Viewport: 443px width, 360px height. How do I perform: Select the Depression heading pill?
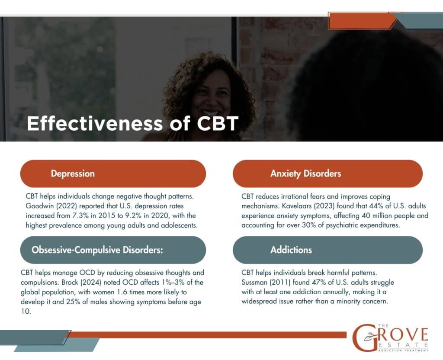click(x=113, y=174)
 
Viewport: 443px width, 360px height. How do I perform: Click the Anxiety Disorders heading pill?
click(x=327, y=174)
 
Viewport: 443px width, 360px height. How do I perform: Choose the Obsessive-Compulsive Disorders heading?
click(x=113, y=250)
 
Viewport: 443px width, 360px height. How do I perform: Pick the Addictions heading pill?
click(x=327, y=250)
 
